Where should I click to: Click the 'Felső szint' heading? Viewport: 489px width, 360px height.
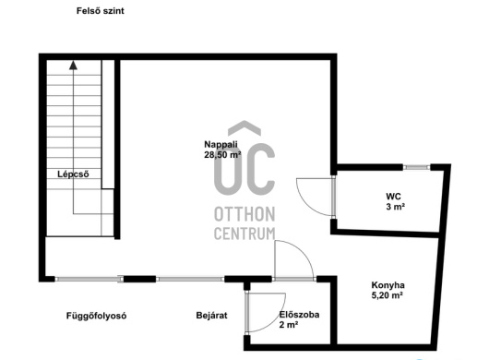coord(101,11)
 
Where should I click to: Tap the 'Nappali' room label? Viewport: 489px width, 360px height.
coord(221,144)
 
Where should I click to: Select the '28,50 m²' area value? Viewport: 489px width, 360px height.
coord(222,154)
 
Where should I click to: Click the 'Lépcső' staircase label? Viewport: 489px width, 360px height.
coord(73,174)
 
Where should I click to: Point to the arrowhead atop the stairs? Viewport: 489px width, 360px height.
coord(73,65)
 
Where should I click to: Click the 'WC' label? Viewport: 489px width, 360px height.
coord(393,197)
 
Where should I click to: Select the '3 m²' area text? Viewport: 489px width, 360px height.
coord(396,207)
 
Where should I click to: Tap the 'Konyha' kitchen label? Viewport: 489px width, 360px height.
coord(388,285)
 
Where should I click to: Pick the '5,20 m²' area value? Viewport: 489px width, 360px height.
coord(387,295)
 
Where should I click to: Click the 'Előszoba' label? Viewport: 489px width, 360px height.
coord(299,315)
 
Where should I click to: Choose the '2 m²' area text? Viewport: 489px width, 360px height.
coord(289,325)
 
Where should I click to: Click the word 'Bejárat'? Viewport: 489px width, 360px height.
coord(212,316)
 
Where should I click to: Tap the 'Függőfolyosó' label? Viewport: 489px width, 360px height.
coord(96,316)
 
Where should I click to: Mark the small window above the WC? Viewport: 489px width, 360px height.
coord(417,167)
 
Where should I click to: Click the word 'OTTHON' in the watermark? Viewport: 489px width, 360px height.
coord(244,214)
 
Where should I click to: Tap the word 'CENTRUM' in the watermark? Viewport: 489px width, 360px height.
coord(244,234)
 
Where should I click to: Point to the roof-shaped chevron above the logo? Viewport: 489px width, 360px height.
coord(244,128)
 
